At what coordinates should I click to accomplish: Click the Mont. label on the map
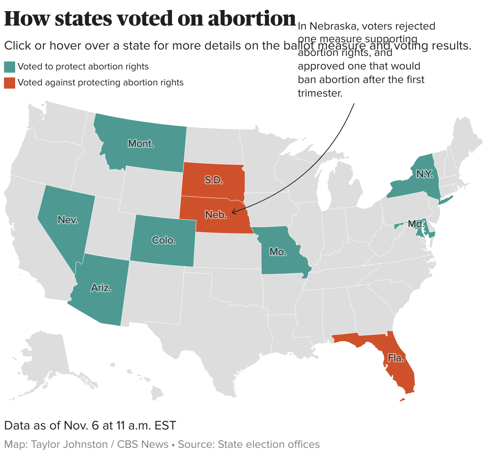pyautogui.click(x=141, y=144)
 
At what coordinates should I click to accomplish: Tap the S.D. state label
pyautogui.click(x=214, y=180)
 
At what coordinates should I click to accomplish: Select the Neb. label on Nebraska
pyautogui.click(x=216, y=215)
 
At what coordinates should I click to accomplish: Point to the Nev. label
pyautogui.click(x=68, y=220)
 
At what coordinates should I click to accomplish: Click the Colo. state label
pyautogui.click(x=164, y=240)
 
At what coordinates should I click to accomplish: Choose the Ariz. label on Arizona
pyautogui.click(x=101, y=287)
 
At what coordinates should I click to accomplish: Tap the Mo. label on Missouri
pyautogui.click(x=278, y=251)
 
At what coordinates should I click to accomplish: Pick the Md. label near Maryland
pyautogui.click(x=416, y=224)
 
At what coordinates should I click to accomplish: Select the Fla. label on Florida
pyautogui.click(x=396, y=358)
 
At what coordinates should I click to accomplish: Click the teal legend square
pyautogui.click(x=10, y=67)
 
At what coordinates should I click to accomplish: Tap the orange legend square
pyautogui.click(x=10, y=83)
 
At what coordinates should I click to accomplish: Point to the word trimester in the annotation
pyautogui.click(x=320, y=93)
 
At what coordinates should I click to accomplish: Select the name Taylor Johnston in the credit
pyautogui.click(x=69, y=444)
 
